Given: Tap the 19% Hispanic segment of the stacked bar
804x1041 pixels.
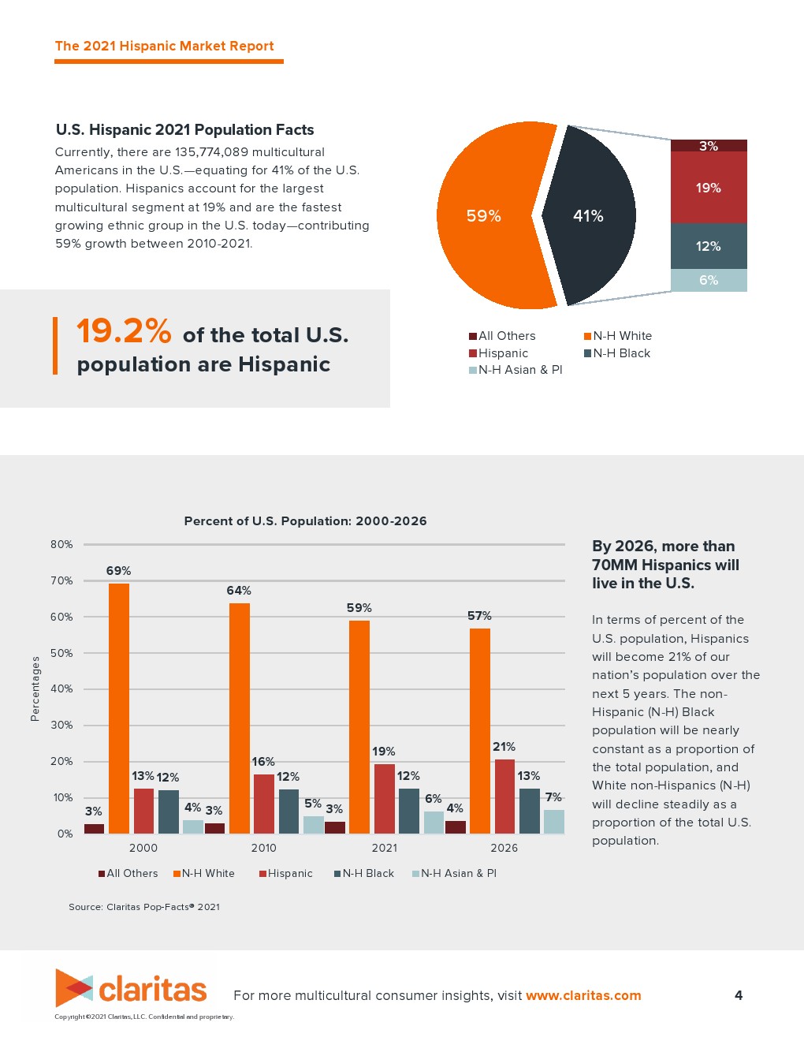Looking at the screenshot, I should point(709,188).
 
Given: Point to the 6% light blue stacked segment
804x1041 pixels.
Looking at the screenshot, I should point(709,280).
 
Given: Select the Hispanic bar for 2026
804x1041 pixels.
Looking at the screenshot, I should point(504,796).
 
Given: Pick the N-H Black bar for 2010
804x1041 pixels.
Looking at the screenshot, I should point(289,811).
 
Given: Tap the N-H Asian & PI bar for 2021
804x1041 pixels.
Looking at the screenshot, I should point(434,822).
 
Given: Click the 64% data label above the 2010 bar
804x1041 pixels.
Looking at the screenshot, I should point(239,591).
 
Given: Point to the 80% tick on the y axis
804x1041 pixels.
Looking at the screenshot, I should point(61,544).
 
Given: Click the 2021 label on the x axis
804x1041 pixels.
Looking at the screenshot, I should point(384,848).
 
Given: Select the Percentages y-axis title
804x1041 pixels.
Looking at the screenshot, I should point(35,688).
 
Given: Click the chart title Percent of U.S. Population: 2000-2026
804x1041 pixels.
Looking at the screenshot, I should point(305,521).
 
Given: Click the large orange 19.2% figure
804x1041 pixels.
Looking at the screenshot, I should point(124,331).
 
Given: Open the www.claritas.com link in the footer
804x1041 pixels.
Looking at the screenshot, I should point(583,995).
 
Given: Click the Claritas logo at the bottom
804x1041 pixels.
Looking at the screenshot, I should point(131,988).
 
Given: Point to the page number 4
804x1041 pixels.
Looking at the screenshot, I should point(739,995).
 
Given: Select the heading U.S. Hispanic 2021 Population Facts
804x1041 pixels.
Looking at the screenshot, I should point(184,130).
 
